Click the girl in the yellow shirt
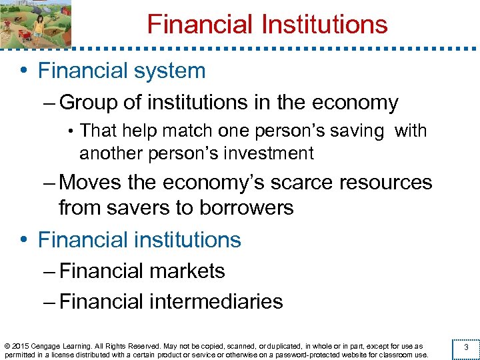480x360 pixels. coord(39,27)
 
